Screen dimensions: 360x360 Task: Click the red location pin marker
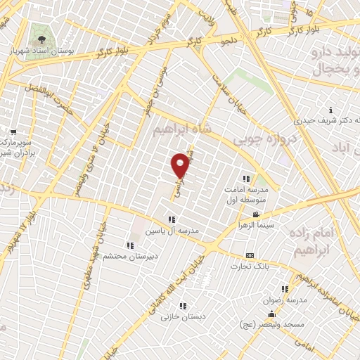[x=181, y=165]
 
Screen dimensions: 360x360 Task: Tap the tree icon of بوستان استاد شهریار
[x=41, y=40]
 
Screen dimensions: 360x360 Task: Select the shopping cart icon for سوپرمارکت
[x=13, y=132]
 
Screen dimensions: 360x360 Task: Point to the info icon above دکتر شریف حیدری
[x=331, y=109]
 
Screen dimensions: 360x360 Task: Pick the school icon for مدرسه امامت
[x=246, y=178]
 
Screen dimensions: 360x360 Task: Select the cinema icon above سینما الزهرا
[x=257, y=214]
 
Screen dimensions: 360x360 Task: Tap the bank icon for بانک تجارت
[x=249, y=256]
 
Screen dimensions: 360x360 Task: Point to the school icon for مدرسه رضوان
[x=285, y=288]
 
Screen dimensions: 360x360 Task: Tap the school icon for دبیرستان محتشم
[x=130, y=245]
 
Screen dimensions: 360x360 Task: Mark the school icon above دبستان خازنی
[x=183, y=306]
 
